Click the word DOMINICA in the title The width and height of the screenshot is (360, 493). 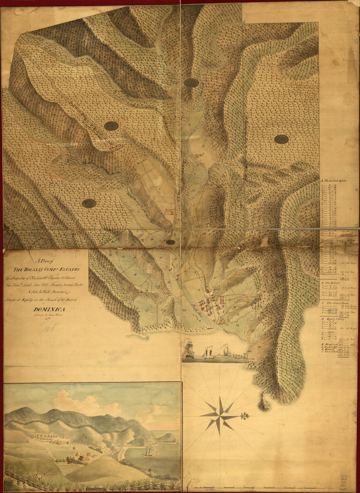coord(49,309)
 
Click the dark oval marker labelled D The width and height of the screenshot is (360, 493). coord(191,83)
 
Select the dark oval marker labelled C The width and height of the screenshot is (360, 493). coord(111,125)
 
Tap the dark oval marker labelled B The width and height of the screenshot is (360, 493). coord(88,203)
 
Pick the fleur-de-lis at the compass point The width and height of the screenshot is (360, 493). coord(246,416)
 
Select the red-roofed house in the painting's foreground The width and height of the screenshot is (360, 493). coord(86,460)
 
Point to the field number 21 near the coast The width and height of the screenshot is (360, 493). coord(147,310)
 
